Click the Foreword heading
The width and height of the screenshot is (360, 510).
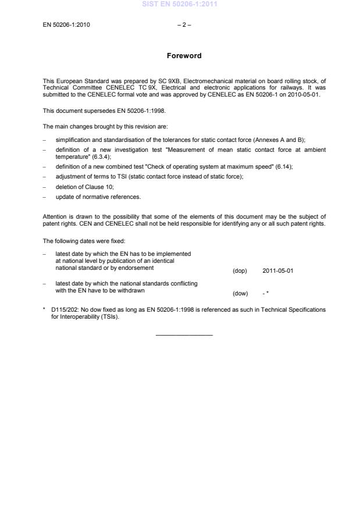tap(184, 56)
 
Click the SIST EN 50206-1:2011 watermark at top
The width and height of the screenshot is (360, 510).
tap(180, 5)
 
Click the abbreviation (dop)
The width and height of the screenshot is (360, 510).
tap(240, 270)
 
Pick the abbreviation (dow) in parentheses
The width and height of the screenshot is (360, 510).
tap(240, 294)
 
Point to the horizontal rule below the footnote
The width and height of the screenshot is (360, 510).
tap(184, 334)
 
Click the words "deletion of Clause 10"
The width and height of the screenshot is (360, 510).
tap(86, 186)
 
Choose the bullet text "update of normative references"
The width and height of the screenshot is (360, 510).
tap(98, 197)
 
